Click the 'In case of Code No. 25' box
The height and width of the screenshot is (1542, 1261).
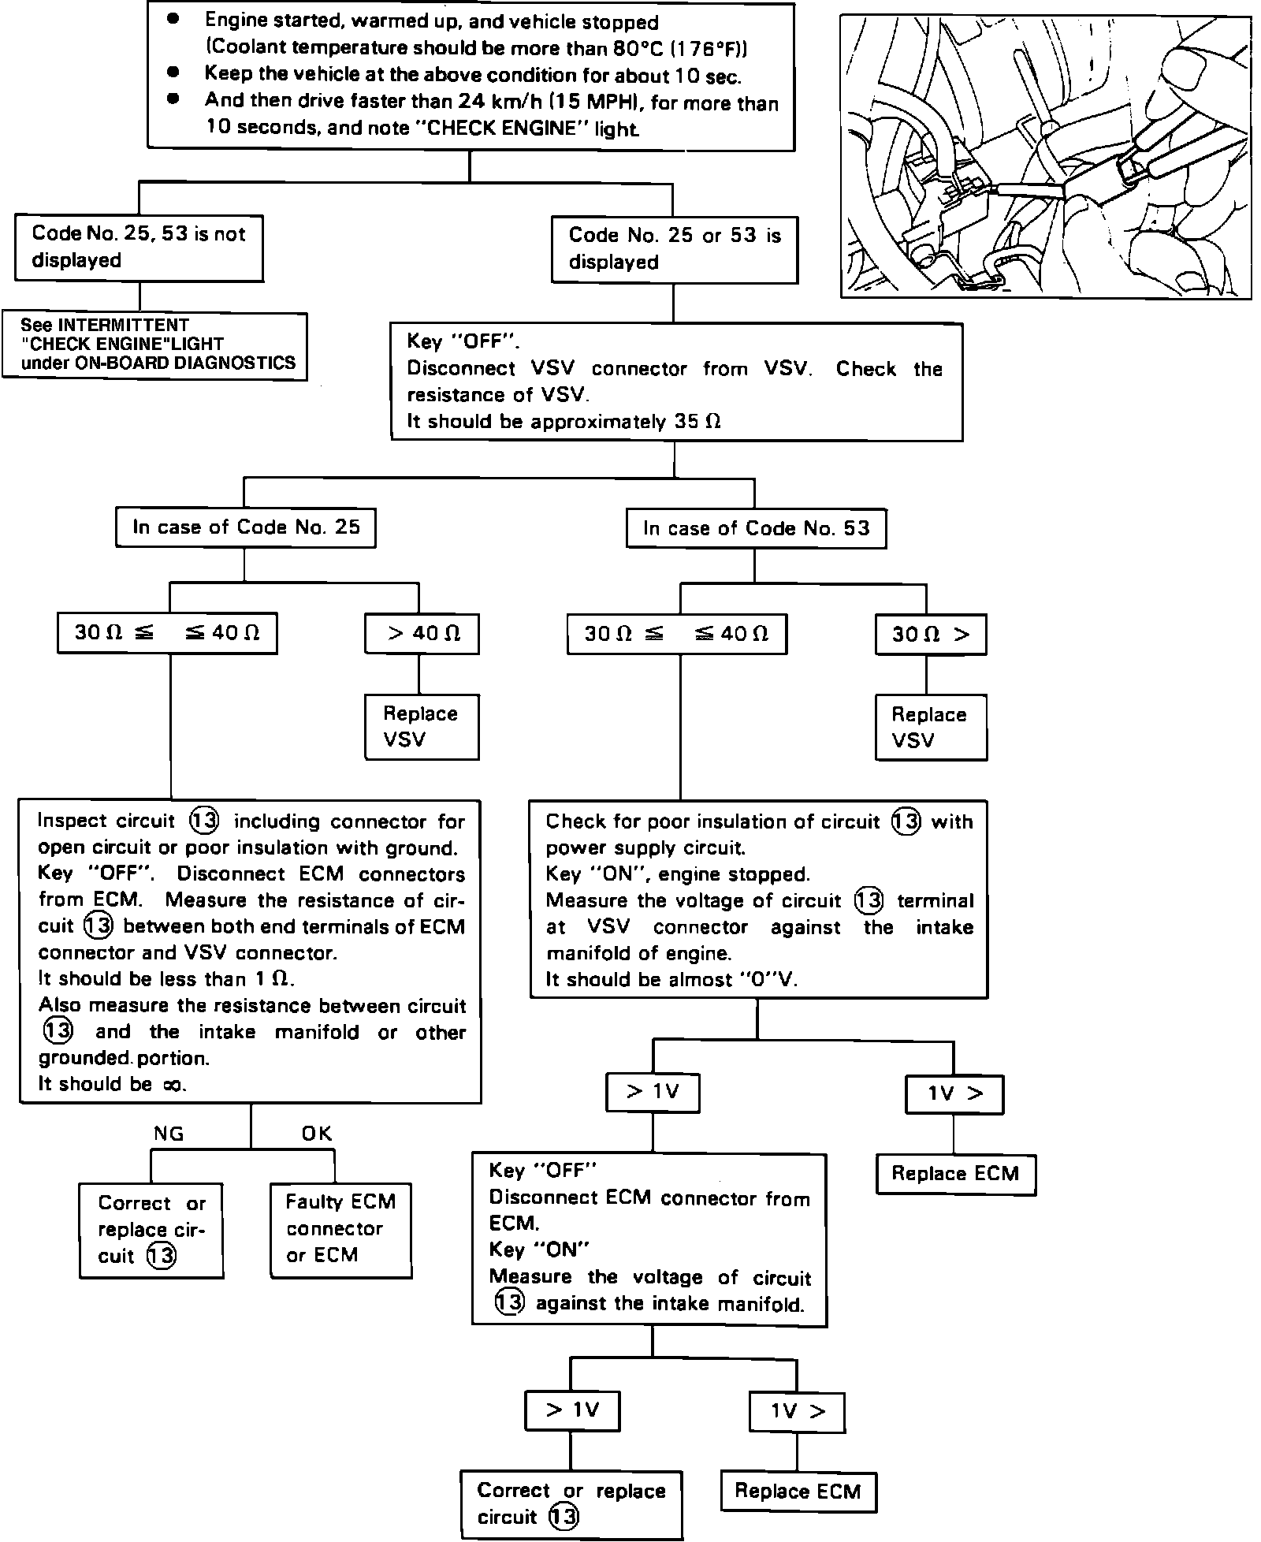point(245,527)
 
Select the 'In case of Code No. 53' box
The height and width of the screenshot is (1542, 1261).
point(756,528)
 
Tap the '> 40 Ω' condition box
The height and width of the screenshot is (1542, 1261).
point(422,634)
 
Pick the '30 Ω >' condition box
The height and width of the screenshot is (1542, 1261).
point(931,635)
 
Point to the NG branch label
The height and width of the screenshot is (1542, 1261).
point(169,1134)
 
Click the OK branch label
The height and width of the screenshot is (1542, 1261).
point(317,1134)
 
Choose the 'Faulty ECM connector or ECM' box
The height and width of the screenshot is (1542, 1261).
point(340,1229)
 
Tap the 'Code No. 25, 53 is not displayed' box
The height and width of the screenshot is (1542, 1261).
point(139,247)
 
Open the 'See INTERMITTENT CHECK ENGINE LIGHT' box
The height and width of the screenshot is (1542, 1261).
point(154,345)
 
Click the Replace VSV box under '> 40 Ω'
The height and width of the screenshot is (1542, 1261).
point(422,726)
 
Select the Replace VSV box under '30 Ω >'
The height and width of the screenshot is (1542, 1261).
point(931,727)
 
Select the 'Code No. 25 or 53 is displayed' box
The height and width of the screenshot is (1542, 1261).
point(674,248)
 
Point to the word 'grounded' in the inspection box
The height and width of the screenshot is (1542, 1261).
point(85,1058)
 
